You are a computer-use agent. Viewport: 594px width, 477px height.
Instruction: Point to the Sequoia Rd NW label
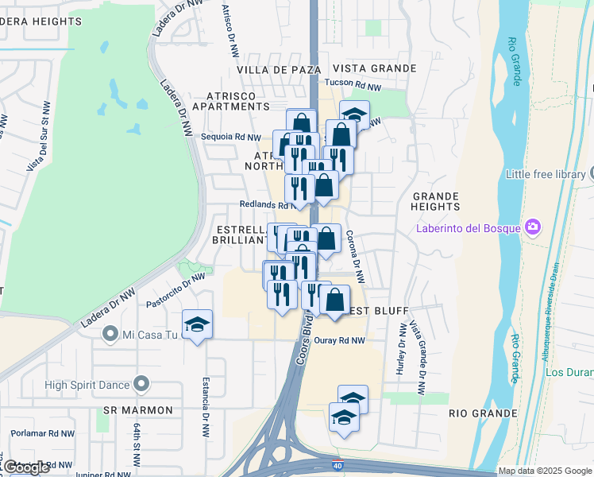click(x=231, y=138)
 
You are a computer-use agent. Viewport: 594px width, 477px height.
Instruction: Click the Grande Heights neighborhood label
click(x=435, y=201)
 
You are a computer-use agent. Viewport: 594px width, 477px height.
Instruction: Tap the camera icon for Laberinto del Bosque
click(x=531, y=228)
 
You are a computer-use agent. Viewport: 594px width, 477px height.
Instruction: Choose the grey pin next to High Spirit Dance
click(x=142, y=385)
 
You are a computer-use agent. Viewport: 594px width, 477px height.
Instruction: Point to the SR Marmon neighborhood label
click(x=138, y=410)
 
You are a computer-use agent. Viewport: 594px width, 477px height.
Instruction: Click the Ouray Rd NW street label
click(x=339, y=340)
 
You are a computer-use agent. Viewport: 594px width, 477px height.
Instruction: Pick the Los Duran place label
click(x=570, y=373)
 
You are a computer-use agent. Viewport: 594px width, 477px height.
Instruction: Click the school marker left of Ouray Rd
click(x=197, y=325)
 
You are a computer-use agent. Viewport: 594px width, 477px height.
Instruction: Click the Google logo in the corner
click(x=25, y=467)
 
